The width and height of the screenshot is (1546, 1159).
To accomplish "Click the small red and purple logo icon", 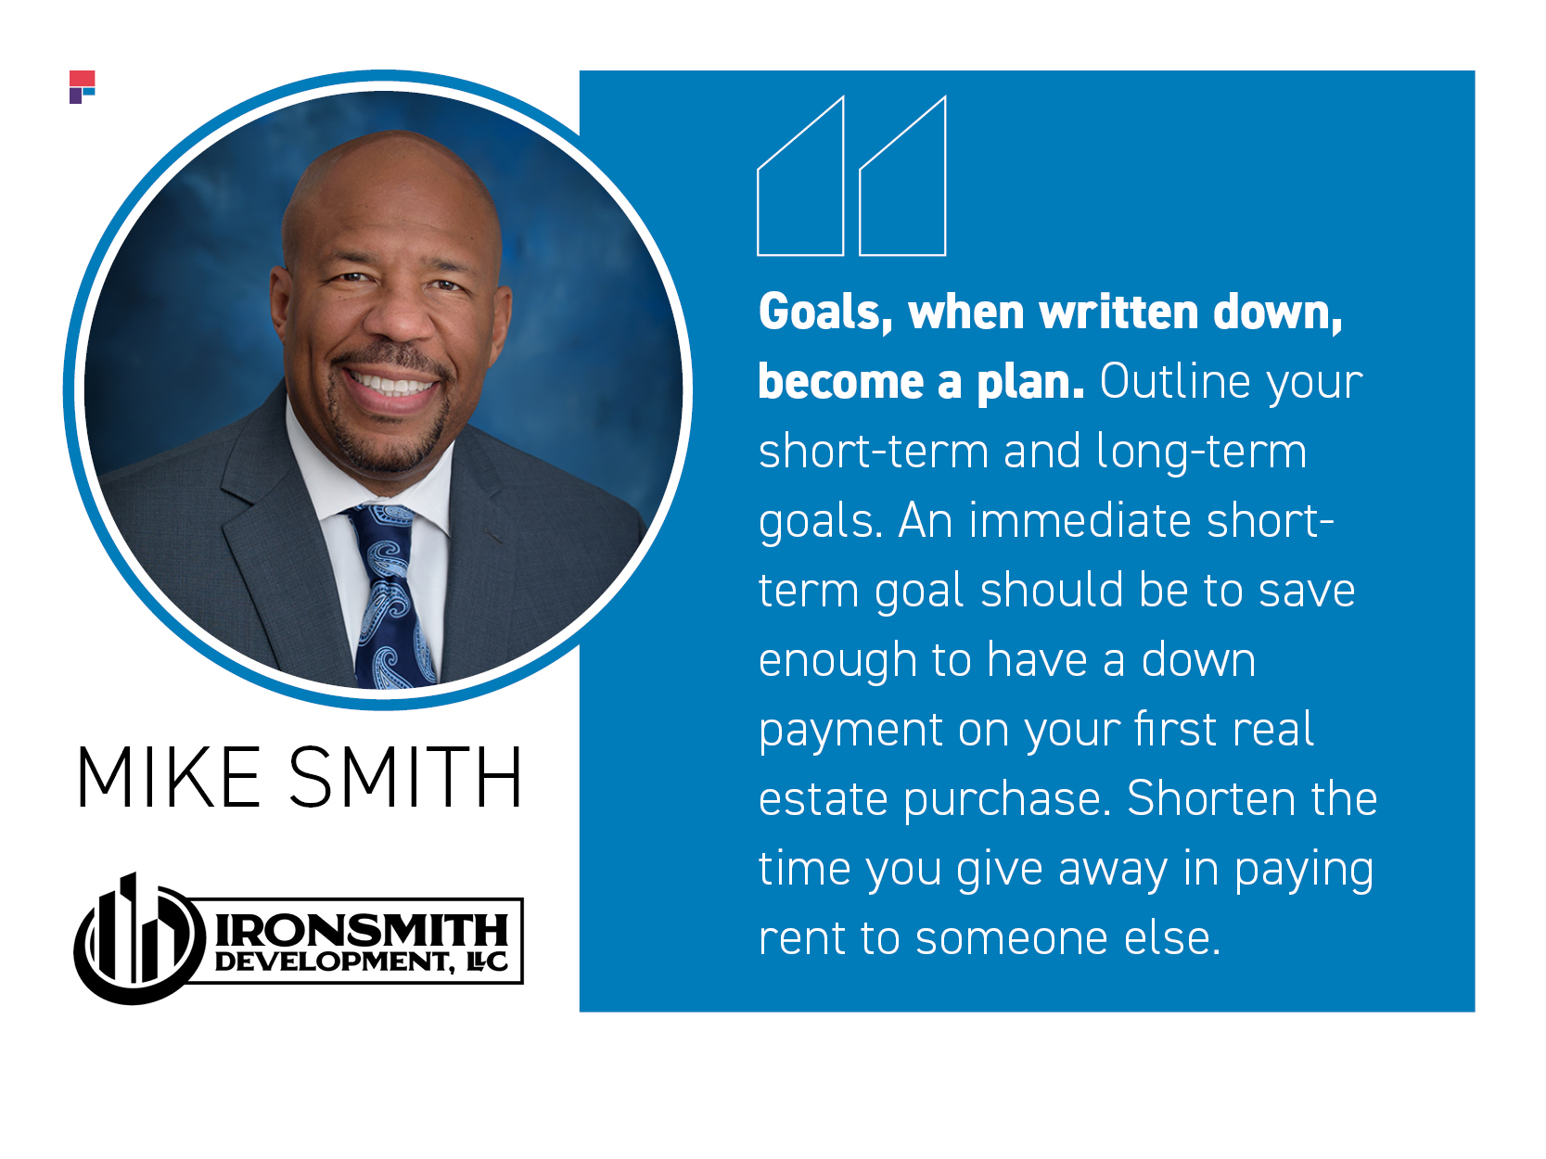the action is (82, 86).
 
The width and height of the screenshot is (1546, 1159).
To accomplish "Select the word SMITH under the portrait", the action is (405, 777).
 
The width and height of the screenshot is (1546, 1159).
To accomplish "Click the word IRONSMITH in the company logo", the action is (362, 931).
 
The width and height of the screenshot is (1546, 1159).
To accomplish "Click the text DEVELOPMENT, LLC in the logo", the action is (362, 962).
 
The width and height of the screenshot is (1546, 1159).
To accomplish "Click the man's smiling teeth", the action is (390, 384).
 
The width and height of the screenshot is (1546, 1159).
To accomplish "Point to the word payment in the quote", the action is (850, 732).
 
